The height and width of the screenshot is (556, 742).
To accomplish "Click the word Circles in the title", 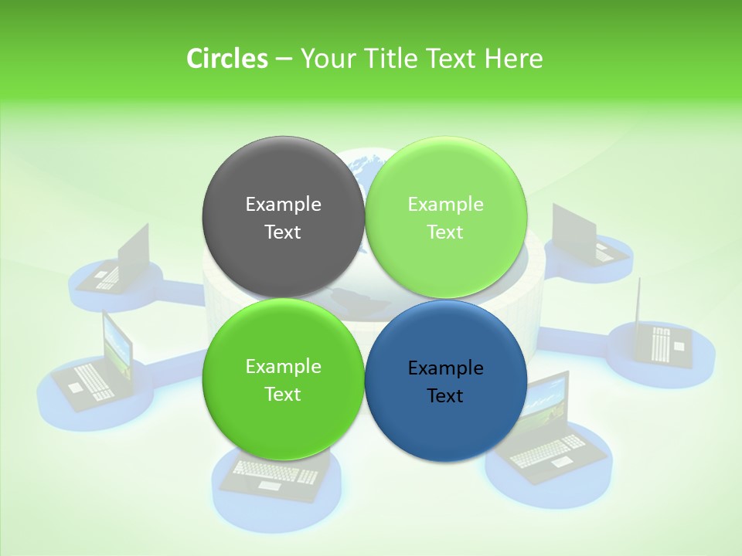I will tap(226, 59).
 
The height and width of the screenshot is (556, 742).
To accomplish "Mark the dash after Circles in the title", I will tap(284, 59).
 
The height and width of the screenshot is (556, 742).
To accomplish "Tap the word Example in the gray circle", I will tap(283, 205).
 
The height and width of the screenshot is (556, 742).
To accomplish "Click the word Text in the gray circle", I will tap(283, 232).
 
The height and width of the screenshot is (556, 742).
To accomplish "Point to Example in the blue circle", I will tap(445, 368).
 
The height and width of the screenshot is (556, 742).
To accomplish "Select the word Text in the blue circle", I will tap(445, 396).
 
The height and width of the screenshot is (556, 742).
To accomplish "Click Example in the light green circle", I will tap(445, 205).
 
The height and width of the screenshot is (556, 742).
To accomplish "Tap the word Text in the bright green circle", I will tap(283, 395).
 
